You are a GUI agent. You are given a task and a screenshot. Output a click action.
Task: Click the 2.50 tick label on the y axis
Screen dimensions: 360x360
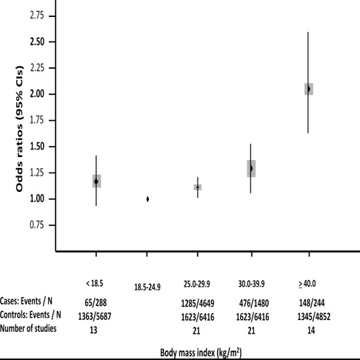(37, 41)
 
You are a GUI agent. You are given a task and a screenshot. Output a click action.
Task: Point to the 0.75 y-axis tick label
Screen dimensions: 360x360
(37, 225)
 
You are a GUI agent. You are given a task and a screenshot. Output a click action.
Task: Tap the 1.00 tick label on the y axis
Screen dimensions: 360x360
(37, 199)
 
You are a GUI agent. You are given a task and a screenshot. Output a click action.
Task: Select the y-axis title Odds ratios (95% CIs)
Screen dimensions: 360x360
(19, 129)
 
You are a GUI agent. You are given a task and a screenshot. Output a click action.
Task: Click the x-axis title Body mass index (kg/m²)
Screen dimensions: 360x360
(201, 353)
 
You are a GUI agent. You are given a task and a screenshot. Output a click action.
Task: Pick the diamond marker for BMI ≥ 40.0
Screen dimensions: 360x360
(308, 89)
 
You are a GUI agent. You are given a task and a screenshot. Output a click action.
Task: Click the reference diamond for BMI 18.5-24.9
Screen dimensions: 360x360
(147, 199)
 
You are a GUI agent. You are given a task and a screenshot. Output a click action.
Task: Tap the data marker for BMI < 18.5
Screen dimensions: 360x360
(96, 181)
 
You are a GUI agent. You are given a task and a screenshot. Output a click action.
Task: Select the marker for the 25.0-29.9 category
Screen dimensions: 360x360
(198, 187)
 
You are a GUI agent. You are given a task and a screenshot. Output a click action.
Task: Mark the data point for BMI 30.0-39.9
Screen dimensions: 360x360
(251, 168)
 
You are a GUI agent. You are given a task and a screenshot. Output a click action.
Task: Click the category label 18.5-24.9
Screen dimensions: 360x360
(147, 287)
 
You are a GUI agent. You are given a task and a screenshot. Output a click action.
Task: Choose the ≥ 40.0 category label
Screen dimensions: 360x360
(307, 284)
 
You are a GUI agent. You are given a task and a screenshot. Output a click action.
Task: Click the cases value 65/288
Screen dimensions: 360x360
(96, 302)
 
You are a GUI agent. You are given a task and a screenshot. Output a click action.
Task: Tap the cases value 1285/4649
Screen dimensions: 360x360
(198, 303)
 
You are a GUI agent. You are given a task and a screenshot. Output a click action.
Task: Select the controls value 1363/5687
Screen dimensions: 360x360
(95, 316)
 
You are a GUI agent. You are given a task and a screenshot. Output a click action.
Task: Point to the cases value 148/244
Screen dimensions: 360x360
(312, 303)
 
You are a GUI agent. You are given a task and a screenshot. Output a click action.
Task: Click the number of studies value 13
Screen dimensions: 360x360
(93, 330)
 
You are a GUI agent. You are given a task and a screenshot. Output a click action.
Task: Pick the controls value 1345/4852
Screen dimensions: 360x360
(314, 316)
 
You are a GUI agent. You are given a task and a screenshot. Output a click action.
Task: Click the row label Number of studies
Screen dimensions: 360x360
(28, 328)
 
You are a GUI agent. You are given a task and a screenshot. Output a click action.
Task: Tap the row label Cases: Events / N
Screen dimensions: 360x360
(26, 301)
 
